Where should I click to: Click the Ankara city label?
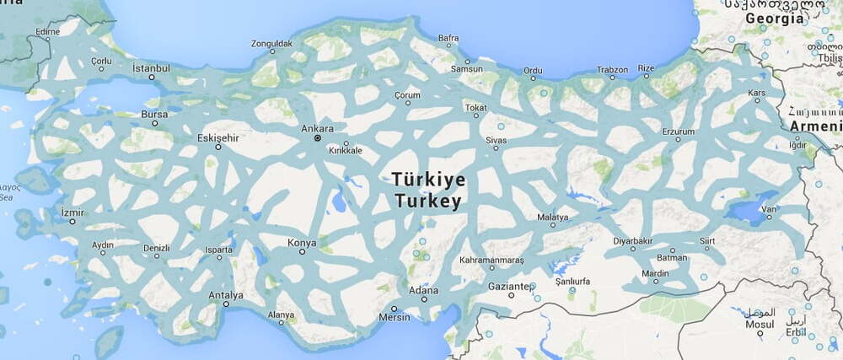[x=318, y=129]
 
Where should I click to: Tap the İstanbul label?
[x=151, y=67]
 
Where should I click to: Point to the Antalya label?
[x=226, y=295]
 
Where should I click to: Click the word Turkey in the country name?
[x=427, y=201]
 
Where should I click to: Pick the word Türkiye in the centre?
[x=427, y=180]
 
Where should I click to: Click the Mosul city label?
[x=760, y=324]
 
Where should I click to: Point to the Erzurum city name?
[x=679, y=132]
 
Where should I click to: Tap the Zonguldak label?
[x=271, y=43]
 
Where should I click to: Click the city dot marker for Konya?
[x=302, y=251]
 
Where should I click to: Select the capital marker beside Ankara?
[x=317, y=137]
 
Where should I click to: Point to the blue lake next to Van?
[x=746, y=207]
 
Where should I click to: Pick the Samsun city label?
[x=467, y=69]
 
